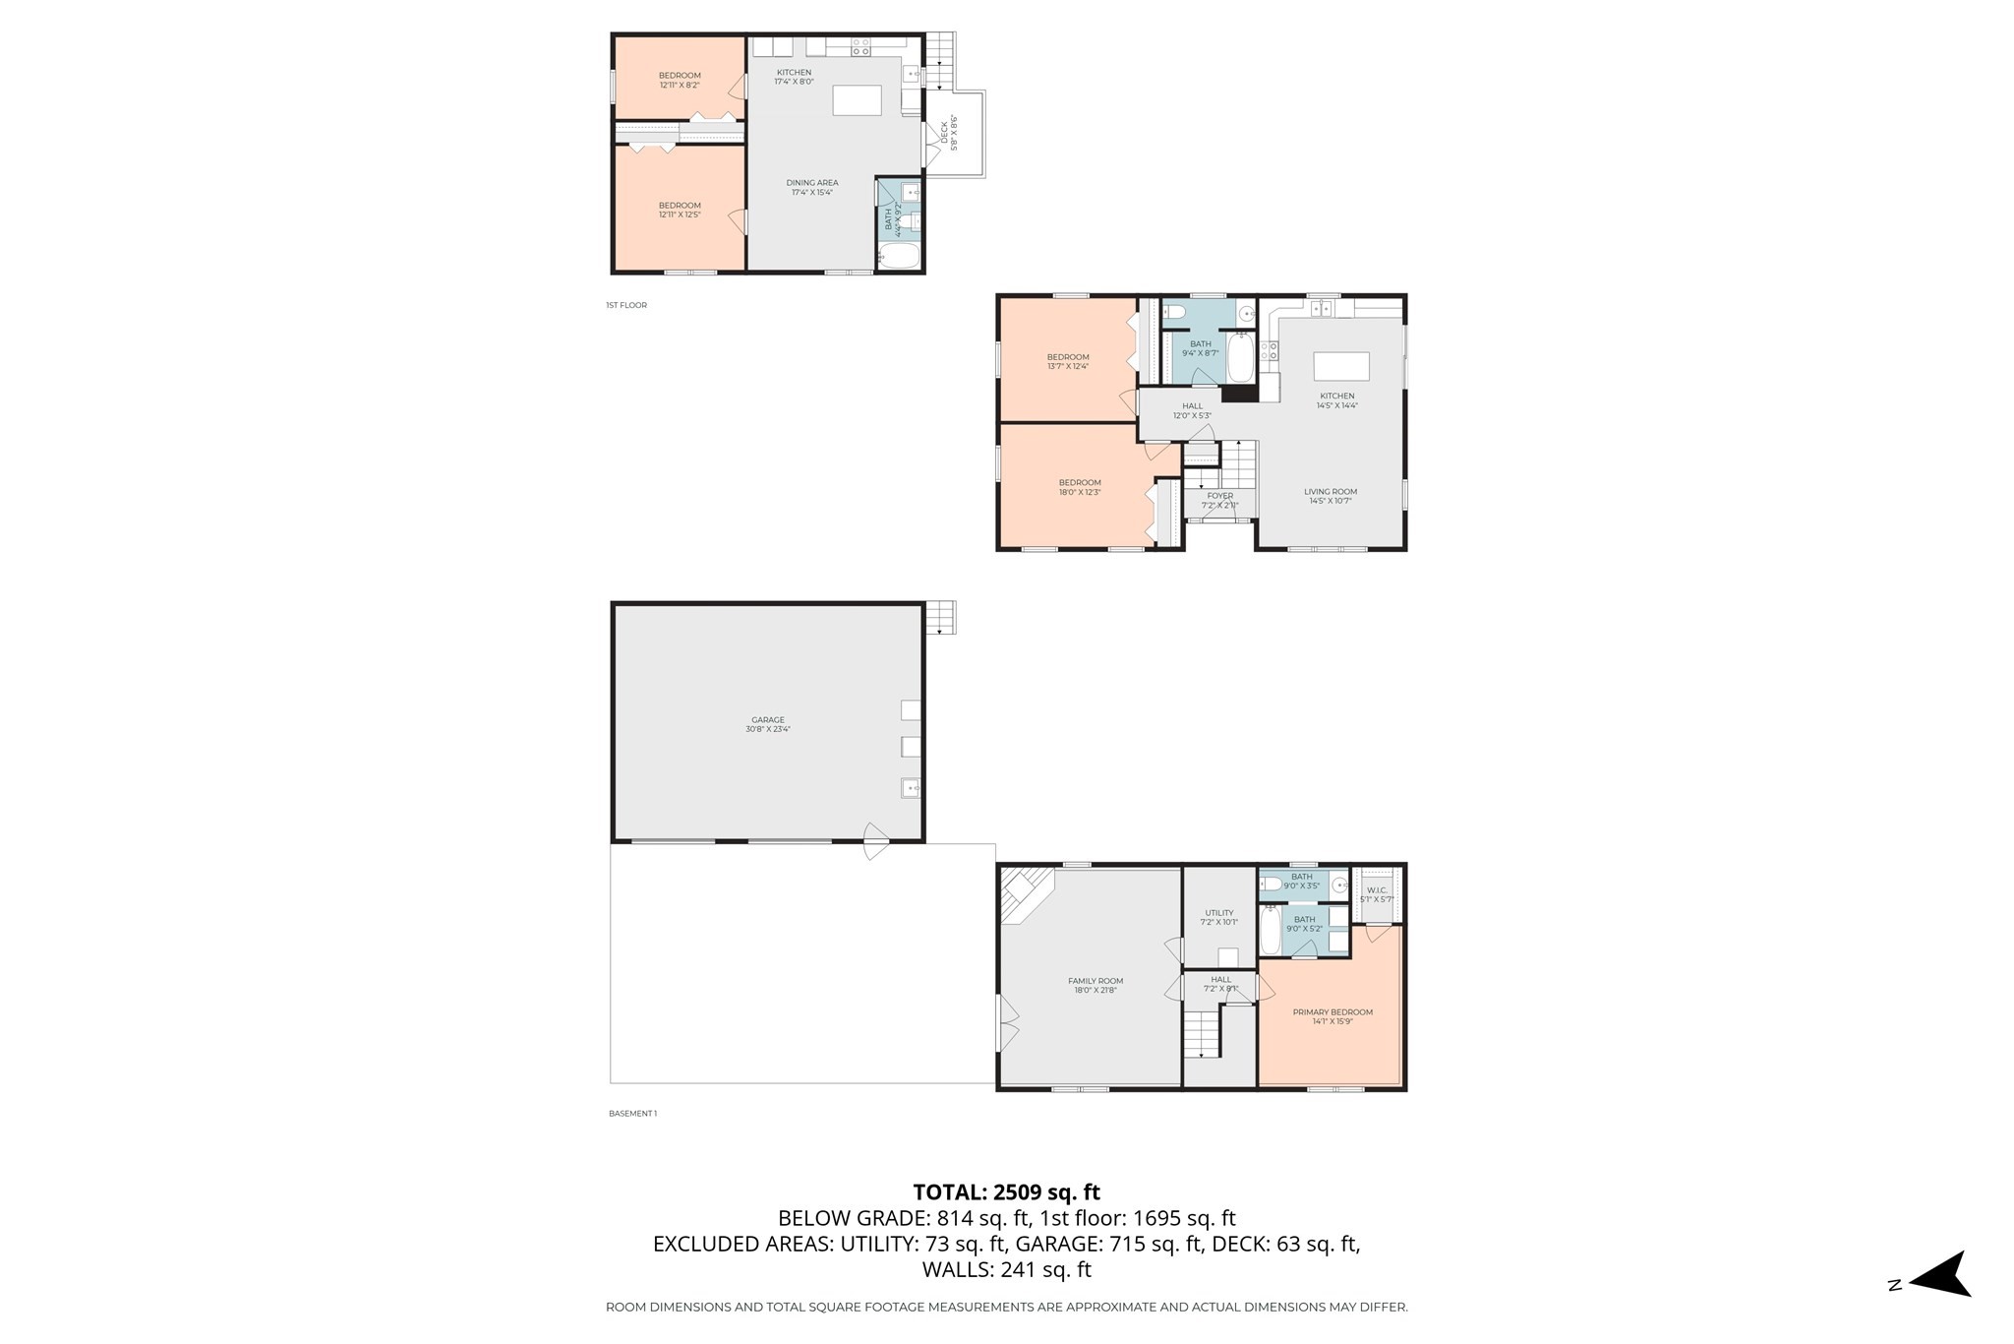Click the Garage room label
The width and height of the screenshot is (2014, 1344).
pos(768,724)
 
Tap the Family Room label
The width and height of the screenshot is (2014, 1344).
pos(1096,985)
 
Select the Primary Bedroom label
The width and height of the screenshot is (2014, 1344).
pos(1333,1016)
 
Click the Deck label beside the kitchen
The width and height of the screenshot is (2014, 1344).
pos(948,133)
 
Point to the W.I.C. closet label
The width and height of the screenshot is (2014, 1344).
pos(1377,893)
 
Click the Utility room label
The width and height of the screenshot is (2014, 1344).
pos(1219,917)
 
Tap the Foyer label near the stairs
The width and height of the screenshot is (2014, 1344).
pos(1219,500)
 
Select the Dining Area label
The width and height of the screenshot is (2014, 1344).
pos(812,187)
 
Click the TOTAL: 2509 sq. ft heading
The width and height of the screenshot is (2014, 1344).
pos(1006,1192)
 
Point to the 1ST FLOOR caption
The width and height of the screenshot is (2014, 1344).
pos(626,305)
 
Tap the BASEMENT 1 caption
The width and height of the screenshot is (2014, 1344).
pos(632,1114)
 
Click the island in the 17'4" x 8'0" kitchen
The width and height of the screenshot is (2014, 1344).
pos(857,100)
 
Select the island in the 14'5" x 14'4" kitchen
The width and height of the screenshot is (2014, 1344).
pos(1341,366)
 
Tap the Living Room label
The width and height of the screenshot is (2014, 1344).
pos(1331,496)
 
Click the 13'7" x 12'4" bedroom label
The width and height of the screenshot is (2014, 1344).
pos(1068,361)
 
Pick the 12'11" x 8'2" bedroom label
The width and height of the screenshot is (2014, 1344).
pos(680,80)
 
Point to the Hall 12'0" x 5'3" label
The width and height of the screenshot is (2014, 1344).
pos(1192,410)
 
